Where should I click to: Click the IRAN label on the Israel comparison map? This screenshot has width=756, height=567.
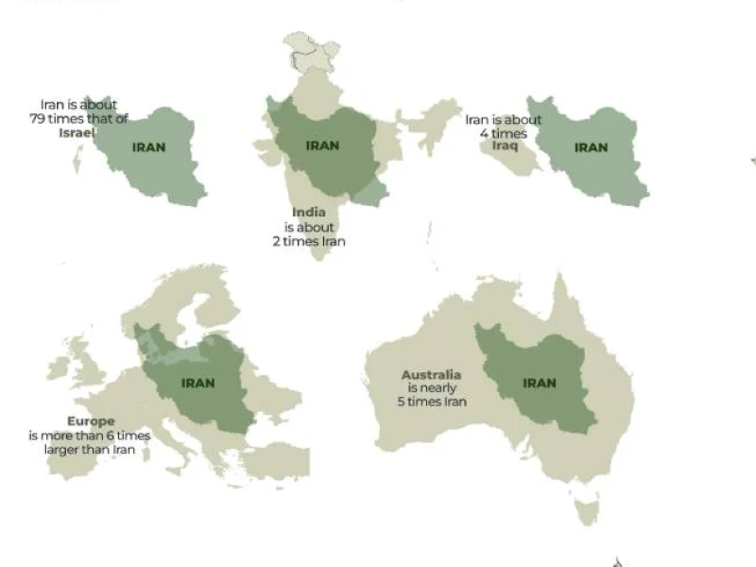[x=148, y=147]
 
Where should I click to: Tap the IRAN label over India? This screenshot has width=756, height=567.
[x=322, y=146]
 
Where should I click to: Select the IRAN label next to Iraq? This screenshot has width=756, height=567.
[x=591, y=147]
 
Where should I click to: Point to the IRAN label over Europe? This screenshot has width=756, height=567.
[x=198, y=384]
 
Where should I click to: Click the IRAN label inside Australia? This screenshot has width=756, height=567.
[x=540, y=384]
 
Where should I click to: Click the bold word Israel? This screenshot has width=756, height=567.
[x=77, y=133]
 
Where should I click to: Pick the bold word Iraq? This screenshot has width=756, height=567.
[x=505, y=146]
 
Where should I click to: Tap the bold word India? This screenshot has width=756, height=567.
[x=309, y=213]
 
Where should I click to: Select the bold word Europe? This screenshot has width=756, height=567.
[x=91, y=421]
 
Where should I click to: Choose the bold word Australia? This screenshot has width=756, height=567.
[x=431, y=375]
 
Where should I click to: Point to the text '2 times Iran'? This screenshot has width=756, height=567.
[x=309, y=242]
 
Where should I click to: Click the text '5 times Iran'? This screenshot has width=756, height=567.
[x=432, y=402]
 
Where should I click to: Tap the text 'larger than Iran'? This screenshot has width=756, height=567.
[x=90, y=450]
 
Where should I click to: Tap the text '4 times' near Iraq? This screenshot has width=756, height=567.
[x=504, y=133]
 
